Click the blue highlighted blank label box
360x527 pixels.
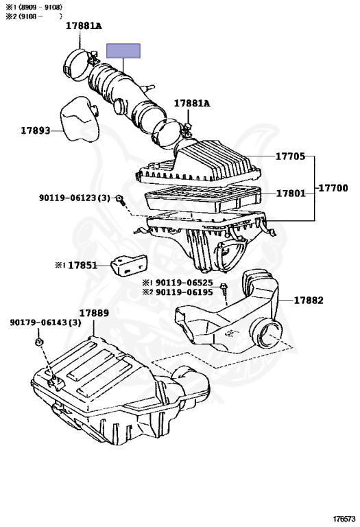pos(123,51)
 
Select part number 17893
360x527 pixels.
pos(35,130)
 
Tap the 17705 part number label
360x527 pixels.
pos(290,156)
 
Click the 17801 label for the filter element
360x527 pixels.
pos(290,193)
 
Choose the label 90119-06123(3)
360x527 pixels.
pos(74,198)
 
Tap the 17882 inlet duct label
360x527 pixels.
pos(309,301)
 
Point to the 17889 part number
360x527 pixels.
pos(93,313)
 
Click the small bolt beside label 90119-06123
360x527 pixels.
pos(121,200)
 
